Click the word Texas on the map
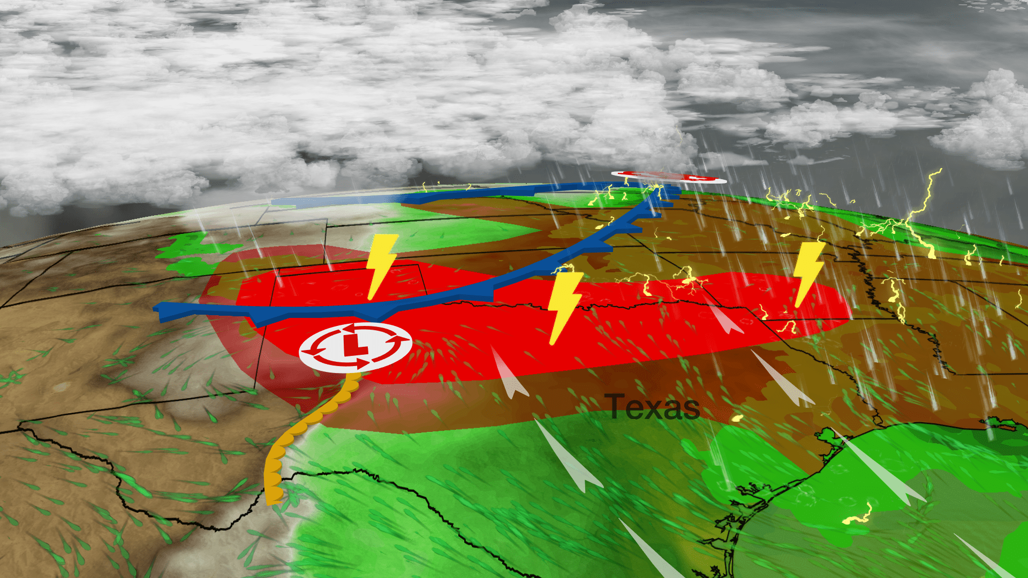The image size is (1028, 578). click(x=652, y=407)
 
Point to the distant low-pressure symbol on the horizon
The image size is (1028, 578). click(x=669, y=177)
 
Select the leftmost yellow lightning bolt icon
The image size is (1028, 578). click(x=381, y=265)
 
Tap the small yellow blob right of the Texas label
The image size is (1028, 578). click(x=737, y=418)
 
